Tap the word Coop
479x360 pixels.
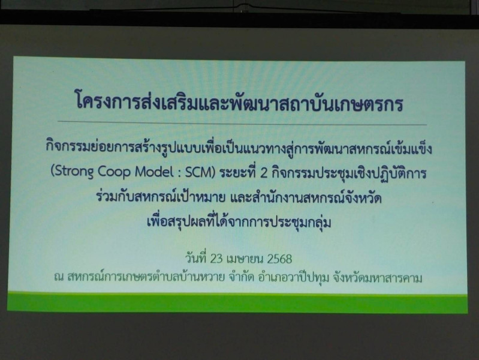(114, 172)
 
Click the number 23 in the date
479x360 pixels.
(216, 259)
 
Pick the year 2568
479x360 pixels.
(279, 259)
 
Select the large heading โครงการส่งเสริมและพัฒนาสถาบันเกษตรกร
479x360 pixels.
(239, 103)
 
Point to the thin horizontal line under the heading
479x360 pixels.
(242, 123)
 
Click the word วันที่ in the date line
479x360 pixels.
(196, 258)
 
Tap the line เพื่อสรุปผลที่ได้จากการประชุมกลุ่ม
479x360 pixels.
(239, 221)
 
